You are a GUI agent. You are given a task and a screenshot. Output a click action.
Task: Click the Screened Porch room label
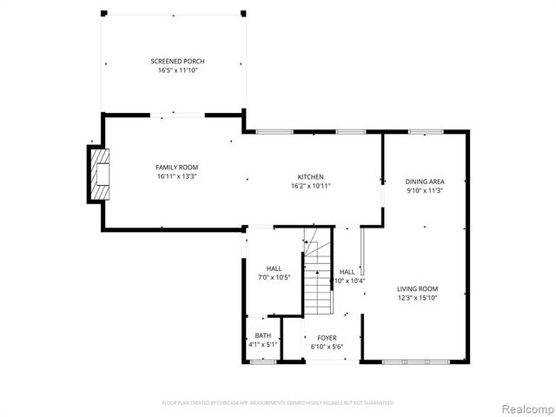177,62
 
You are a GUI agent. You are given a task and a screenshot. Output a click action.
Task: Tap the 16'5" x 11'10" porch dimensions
177,71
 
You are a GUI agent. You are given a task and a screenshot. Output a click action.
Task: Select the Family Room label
176,167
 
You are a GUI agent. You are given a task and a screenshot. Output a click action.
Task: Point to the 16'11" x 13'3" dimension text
176,176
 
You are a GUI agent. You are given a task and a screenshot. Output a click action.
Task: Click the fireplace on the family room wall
99,173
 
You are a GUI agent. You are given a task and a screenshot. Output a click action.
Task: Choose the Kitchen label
310,176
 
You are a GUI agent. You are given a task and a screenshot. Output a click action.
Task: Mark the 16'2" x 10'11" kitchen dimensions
310,186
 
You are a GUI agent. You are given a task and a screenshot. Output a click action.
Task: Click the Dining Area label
425,182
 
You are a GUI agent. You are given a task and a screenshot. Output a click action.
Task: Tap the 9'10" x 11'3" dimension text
425,191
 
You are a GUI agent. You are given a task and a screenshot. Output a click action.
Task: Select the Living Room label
417,288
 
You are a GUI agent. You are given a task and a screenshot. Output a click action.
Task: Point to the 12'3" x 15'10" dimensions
417,298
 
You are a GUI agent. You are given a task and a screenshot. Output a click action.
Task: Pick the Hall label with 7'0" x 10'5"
274,268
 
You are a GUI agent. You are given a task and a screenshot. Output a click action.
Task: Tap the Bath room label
262,336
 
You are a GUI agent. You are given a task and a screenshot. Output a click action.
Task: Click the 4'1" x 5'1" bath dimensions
262,346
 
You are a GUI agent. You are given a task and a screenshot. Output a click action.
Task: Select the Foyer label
327,338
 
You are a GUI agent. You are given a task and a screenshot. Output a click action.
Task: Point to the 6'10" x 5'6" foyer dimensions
327,347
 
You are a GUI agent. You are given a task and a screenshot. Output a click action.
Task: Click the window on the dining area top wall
425,132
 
